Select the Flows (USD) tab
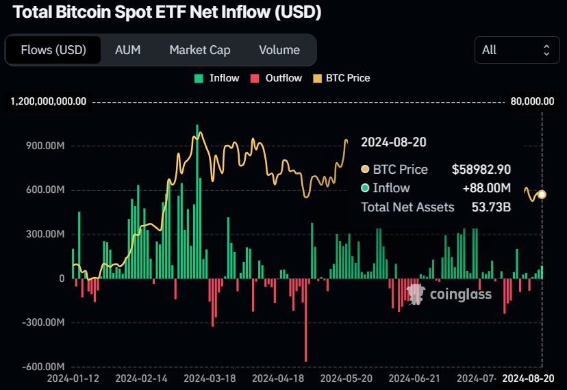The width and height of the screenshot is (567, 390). click(x=53, y=50)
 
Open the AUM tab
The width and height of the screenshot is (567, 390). click(x=128, y=50)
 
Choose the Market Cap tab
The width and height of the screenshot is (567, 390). click(x=200, y=50)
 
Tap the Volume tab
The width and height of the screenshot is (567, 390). click(x=279, y=50)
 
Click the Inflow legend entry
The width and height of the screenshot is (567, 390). click(x=217, y=78)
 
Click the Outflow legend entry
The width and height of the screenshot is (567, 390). click(x=277, y=78)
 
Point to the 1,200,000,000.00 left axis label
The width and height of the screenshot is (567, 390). click(x=48, y=101)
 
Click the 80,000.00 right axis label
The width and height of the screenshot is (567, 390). click(x=532, y=101)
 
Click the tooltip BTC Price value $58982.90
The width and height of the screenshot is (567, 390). click(x=481, y=169)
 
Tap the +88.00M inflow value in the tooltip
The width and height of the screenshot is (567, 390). click(x=488, y=188)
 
